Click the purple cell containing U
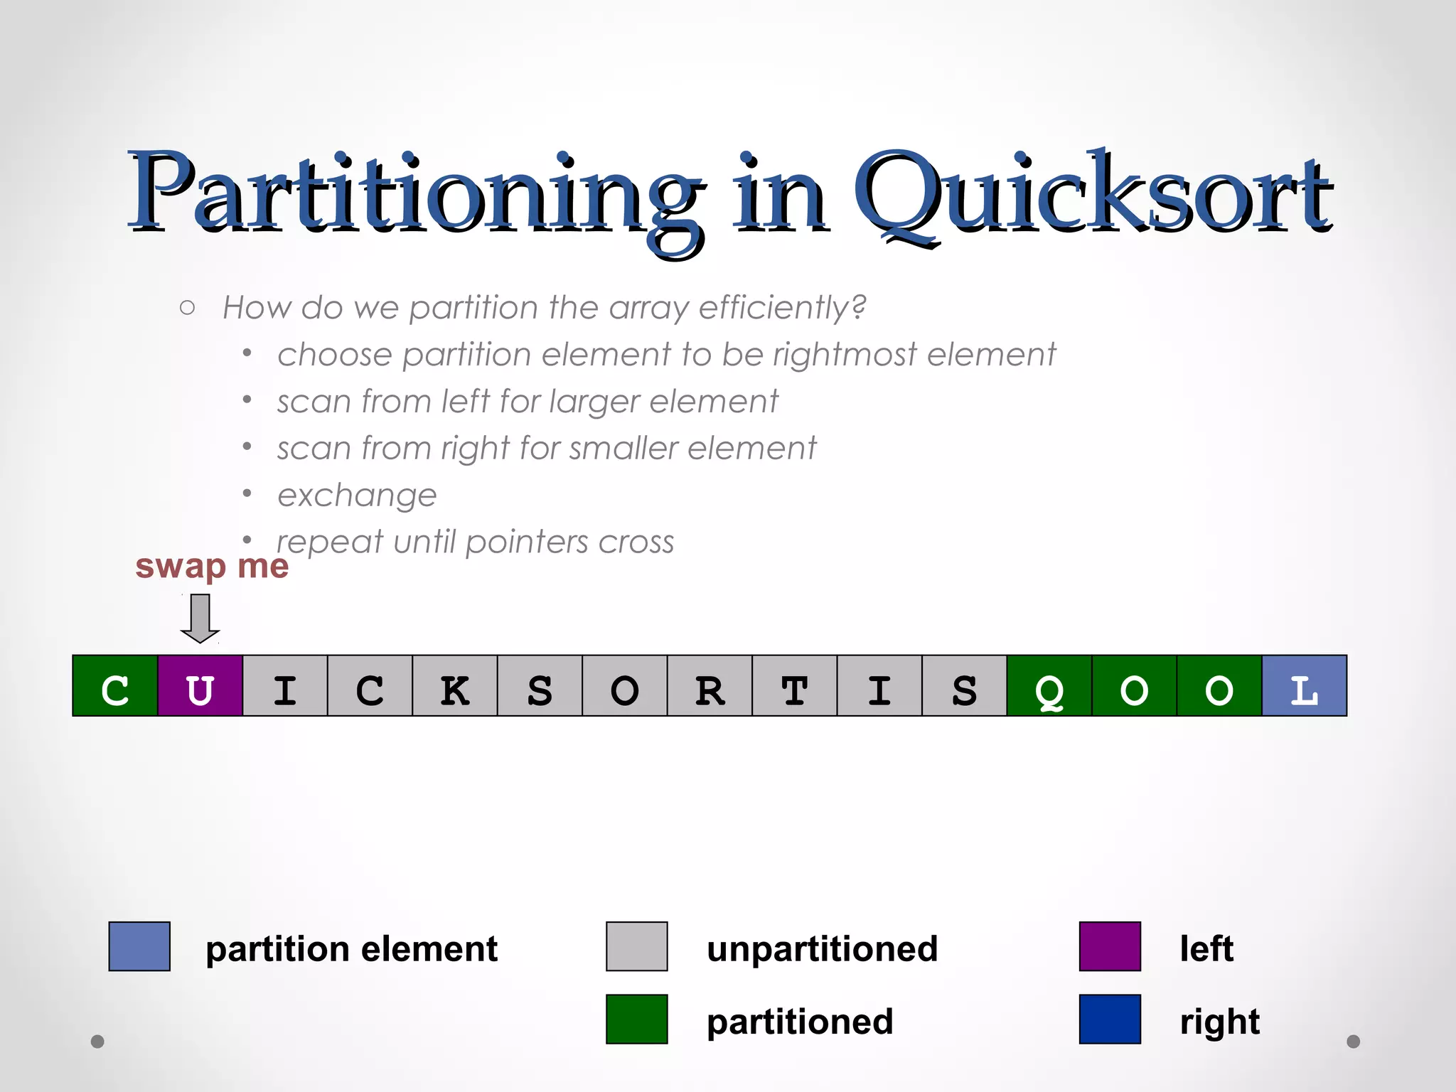pyautogui.click(x=200, y=686)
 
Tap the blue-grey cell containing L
pyautogui.click(x=1304, y=686)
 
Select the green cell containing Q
pyautogui.click(x=1049, y=686)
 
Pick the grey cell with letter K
pyautogui.click(x=455, y=686)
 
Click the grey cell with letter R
pyautogui.click(x=710, y=686)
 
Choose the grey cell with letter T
pyautogui.click(x=795, y=686)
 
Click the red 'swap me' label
pyautogui.click(x=212, y=567)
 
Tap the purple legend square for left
pyautogui.click(x=1110, y=946)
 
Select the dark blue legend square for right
pyautogui.click(x=1110, y=1019)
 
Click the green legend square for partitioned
pyautogui.click(x=636, y=1019)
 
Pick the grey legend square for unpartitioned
pyautogui.click(x=636, y=946)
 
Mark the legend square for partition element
pyautogui.click(x=139, y=946)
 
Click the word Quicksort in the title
pyautogui.click(x=1092, y=196)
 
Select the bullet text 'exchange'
pyautogui.click(x=357, y=496)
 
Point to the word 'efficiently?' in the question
pyautogui.click(x=783, y=308)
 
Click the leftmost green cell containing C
pyautogui.click(x=115, y=686)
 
